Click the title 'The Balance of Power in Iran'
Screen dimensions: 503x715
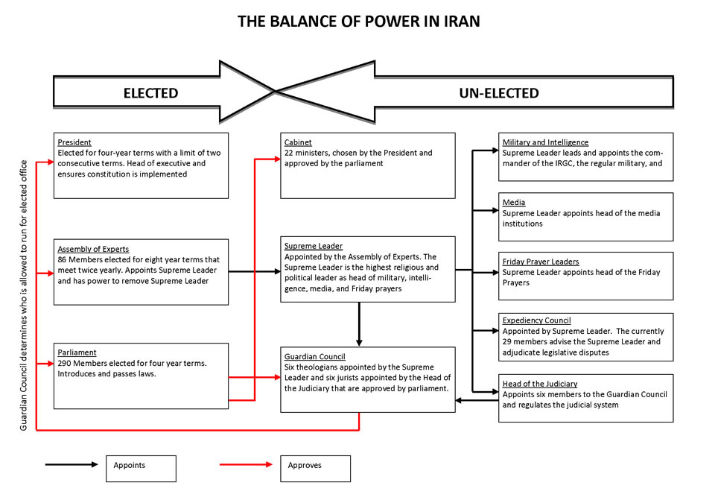[358, 21]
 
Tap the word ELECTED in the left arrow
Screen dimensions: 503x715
[150, 93]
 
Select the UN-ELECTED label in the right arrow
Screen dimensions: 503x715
[500, 93]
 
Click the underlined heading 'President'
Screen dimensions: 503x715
[74, 142]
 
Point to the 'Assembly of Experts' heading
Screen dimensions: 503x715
[93, 249]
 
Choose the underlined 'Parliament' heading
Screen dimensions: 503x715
[77, 352]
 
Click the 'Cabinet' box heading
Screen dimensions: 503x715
[299, 142]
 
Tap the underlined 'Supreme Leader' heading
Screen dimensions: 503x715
[314, 246]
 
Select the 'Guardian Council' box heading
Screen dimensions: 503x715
[314, 356]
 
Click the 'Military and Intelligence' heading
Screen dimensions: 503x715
[545, 142]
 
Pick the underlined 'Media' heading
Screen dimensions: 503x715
[514, 202]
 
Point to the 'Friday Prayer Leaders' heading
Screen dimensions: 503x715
[541, 262]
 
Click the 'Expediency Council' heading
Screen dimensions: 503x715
[536, 320]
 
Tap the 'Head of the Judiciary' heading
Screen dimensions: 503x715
[540, 384]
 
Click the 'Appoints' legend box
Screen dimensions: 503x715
[141, 468]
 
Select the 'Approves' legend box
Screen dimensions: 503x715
[314, 468]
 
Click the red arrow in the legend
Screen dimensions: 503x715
[246, 464]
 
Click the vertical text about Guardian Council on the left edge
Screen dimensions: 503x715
[24, 294]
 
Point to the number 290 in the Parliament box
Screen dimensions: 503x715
[66, 363]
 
